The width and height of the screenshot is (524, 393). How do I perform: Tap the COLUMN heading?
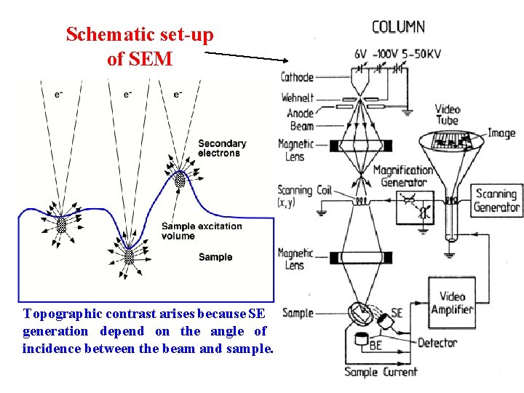pyautogui.click(x=398, y=27)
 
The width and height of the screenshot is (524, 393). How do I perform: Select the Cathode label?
pyautogui.click(x=297, y=77)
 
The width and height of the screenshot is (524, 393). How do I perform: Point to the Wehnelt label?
pyautogui.click(x=297, y=97)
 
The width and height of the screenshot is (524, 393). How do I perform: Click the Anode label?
pyautogui.click(x=301, y=113)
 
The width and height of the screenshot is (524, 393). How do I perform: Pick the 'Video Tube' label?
pyautogui.click(x=448, y=115)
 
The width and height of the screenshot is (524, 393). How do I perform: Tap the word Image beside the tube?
pyautogui.click(x=501, y=133)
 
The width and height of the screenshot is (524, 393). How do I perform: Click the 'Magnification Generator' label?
pyautogui.click(x=402, y=177)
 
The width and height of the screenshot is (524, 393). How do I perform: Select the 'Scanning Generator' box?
pyautogui.click(x=497, y=200)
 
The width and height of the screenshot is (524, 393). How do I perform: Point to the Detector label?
pyautogui.click(x=437, y=343)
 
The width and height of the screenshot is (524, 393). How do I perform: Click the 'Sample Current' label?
pyautogui.click(x=381, y=372)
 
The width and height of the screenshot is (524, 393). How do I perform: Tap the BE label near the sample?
pyautogui.click(x=376, y=346)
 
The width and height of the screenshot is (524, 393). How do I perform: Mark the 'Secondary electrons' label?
pyautogui.click(x=222, y=148)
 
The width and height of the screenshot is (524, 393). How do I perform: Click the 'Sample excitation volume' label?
pyautogui.click(x=202, y=231)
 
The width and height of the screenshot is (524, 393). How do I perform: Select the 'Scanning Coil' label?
pyautogui.click(x=304, y=196)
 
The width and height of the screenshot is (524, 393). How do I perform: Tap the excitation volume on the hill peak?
pyautogui.click(x=180, y=179)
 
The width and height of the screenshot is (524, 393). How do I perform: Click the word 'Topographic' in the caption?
pyautogui.click(x=63, y=314)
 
